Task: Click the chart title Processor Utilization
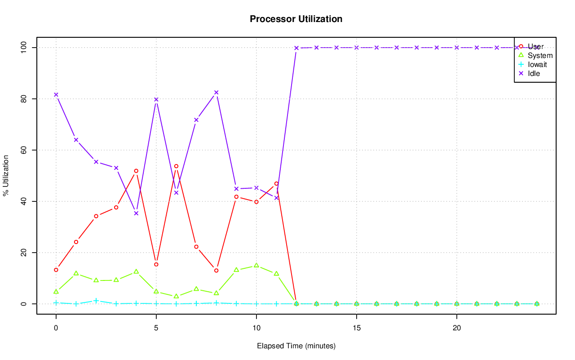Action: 296,19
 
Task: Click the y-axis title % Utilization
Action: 6,175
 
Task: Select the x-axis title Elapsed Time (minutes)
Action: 296,346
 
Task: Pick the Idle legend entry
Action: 534,73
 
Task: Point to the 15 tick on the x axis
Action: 356,328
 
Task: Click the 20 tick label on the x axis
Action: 456,328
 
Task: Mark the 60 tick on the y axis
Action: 23,150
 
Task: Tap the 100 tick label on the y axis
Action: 23,48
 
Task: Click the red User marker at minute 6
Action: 176,166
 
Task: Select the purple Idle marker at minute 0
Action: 56,94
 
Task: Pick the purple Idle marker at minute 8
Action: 216,93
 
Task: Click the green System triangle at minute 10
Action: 256,265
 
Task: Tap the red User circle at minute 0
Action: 56,270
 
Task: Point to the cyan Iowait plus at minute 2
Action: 96,301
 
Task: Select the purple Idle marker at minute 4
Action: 136,213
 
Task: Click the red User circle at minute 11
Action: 276,183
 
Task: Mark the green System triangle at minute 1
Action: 76,273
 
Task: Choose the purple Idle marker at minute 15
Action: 356,48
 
